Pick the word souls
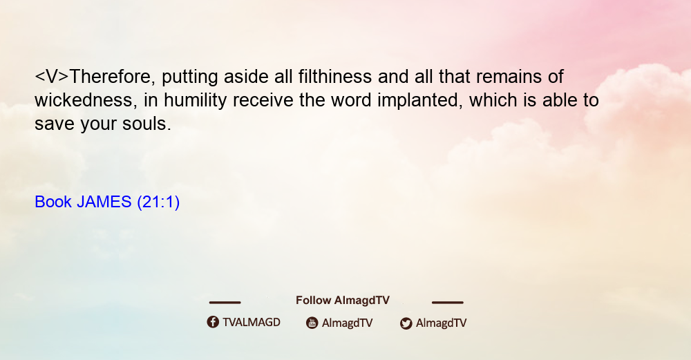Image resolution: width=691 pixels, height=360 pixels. (146, 124)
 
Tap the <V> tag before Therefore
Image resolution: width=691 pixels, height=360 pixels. (52, 77)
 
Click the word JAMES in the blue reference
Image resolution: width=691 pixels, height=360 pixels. (104, 202)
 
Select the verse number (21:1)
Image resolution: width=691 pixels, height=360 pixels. (158, 202)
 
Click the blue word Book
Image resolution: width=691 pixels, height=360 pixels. (53, 202)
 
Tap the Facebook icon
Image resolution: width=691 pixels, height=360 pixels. (213, 322)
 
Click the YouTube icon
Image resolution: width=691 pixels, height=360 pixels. (312, 323)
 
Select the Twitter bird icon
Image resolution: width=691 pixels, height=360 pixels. (406, 323)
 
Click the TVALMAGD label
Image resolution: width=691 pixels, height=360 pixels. (252, 323)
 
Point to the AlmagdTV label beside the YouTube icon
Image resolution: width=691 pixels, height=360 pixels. (348, 323)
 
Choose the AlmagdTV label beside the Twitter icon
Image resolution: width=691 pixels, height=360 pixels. (441, 323)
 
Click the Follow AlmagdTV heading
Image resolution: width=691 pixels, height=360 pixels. (343, 301)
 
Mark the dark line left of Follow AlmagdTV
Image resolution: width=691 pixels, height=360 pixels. (225, 302)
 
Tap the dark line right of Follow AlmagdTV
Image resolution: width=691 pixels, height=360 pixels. (448, 302)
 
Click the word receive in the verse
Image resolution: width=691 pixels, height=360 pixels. (263, 100)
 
